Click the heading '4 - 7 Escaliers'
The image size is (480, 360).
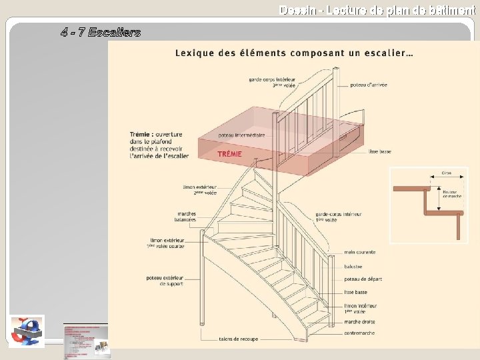pyautogui.click(x=101, y=32)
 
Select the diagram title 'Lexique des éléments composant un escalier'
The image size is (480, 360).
pyautogui.click(x=293, y=53)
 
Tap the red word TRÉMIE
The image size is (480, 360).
pyautogui.click(x=229, y=154)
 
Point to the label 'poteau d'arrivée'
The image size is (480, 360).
pyautogui.click(x=370, y=85)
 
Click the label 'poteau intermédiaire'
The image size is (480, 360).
pyautogui.click(x=241, y=135)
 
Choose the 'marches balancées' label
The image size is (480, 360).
pyautogui.click(x=182, y=217)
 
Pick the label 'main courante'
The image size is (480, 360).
pyautogui.click(x=359, y=252)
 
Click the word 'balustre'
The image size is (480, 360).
pyautogui.click(x=354, y=265)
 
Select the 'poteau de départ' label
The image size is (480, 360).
pyautogui.click(x=363, y=279)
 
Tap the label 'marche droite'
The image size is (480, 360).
pyautogui.click(x=359, y=322)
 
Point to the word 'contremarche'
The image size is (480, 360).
pyautogui.click(x=359, y=333)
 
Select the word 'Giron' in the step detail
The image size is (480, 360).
pyautogui.click(x=446, y=173)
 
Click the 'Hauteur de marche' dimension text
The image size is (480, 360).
pyautogui.click(x=452, y=194)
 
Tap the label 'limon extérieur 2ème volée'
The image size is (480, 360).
pyautogui.click(x=199, y=190)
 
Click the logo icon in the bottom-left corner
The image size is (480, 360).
pyautogui.click(x=27, y=331)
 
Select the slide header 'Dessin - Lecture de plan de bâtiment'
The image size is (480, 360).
pyautogui.click(x=377, y=10)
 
